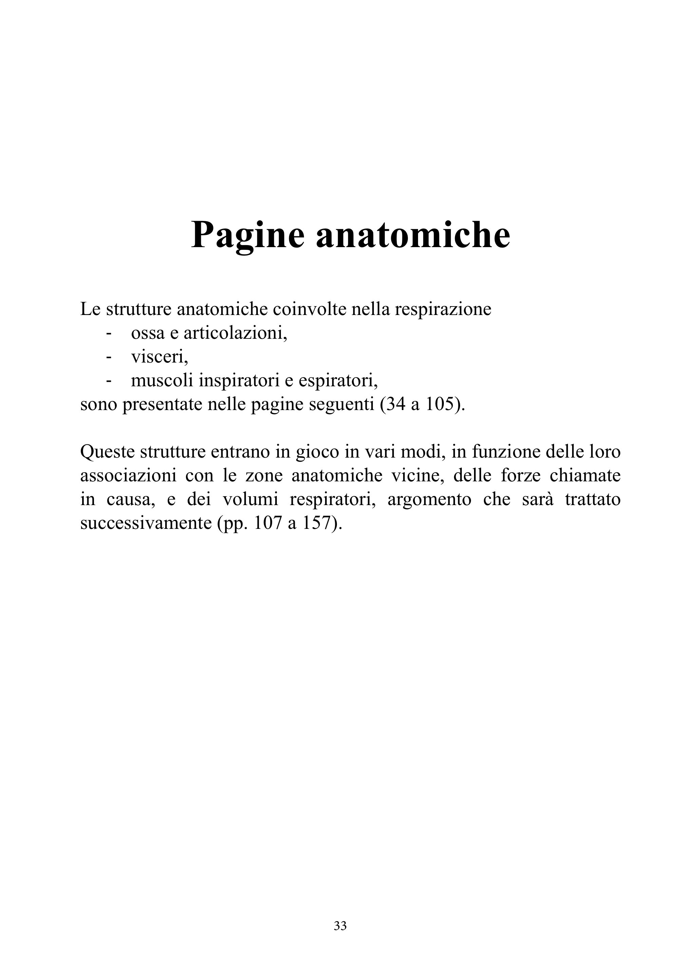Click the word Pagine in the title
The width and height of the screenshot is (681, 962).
(x=247, y=235)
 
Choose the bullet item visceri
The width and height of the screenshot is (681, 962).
(x=159, y=357)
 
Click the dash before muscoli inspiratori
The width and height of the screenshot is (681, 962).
(x=109, y=381)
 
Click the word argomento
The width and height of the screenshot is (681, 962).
(x=429, y=500)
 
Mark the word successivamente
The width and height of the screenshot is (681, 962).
(x=146, y=523)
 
